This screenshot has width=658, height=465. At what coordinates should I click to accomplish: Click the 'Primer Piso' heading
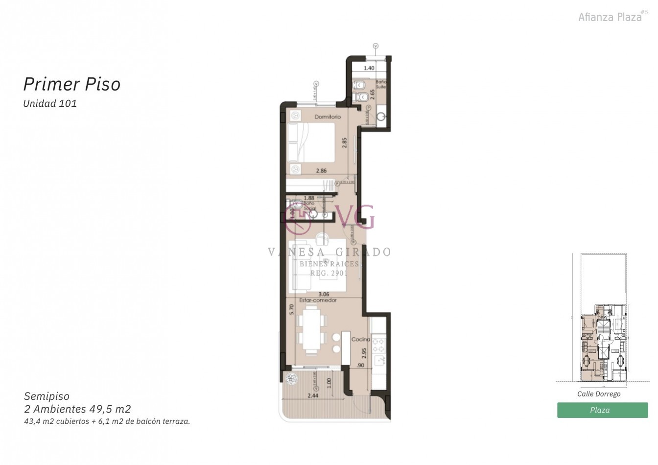click(72, 84)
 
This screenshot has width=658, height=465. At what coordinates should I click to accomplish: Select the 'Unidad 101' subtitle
click(50, 104)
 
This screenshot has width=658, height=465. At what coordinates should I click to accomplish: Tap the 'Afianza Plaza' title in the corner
click(610, 17)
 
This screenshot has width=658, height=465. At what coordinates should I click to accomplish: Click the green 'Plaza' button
click(602, 410)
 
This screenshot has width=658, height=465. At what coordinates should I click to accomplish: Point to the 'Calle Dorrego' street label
click(599, 394)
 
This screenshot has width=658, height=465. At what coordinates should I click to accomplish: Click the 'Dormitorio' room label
click(328, 117)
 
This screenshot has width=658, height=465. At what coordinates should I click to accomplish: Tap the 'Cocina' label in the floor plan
click(361, 339)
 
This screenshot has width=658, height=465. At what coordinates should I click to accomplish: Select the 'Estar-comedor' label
click(318, 301)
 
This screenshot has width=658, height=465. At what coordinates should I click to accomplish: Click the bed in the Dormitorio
click(311, 142)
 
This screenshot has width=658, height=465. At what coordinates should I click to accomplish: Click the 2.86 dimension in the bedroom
click(321, 171)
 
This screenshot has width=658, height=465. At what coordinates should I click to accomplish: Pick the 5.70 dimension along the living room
click(291, 309)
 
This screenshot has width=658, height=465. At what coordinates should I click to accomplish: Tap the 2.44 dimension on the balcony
click(313, 395)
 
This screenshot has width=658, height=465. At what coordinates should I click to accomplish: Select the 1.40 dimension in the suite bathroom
click(369, 69)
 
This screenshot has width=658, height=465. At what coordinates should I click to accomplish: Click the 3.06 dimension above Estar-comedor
click(324, 295)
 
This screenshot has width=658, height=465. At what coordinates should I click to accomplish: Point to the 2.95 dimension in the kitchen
click(364, 353)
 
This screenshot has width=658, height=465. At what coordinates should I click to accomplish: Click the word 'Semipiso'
click(47, 396)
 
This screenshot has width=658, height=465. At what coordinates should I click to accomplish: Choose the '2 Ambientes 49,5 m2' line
click(77, 409)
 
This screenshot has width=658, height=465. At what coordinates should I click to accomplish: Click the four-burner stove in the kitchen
click(378, 347)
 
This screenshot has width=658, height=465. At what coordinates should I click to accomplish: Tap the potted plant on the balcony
click(292, 378)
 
